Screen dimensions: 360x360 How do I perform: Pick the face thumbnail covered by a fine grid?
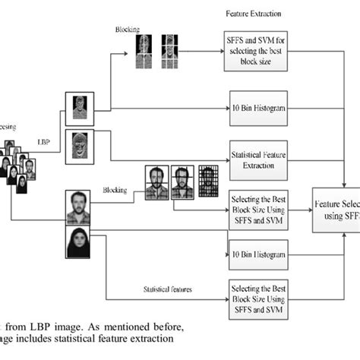(209, 181)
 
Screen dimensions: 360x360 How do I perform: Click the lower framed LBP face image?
(78, 144)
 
